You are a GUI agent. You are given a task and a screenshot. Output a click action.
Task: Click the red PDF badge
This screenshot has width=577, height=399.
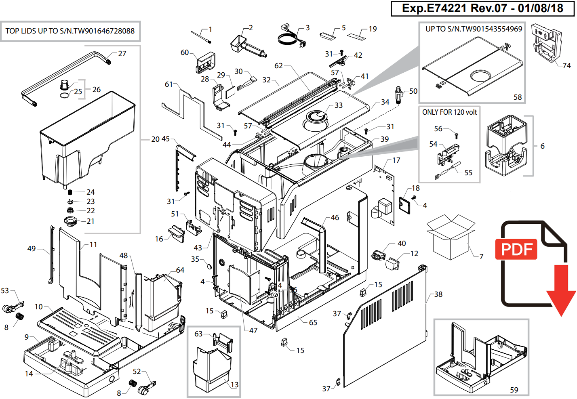pyautogui.click(x=516, y=249)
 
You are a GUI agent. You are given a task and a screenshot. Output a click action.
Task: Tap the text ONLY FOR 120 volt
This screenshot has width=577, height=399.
pyautogui.click(x=449, y=112)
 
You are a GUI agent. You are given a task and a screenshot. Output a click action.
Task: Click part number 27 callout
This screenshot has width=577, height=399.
pyautogui.click(x=122, y=54)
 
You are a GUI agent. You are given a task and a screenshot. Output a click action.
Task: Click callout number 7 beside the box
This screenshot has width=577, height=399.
pyautogui.click(x=481, y=256)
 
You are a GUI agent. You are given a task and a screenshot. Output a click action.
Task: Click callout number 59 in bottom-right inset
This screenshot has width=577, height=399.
pyautogui.click(x=514, y=390)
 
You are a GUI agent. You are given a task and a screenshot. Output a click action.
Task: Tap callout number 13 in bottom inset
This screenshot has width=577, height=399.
pyautogui.click(x=234, y=385)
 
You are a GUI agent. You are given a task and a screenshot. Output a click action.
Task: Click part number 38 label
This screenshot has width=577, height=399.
pyautogui.click(x=438, y=294)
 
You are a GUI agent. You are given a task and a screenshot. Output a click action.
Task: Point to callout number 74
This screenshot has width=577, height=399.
pyautogui.click(x=566, y=65)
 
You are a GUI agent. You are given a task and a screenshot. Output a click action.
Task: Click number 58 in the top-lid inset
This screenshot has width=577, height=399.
pyautogui.click(x=518, y=97)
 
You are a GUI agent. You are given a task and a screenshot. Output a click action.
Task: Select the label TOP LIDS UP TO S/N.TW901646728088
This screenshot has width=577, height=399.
pyautogui.click(x=70, y=31)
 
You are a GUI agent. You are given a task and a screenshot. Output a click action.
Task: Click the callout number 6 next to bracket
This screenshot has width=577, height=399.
pyautogui.click(x=542, y=146)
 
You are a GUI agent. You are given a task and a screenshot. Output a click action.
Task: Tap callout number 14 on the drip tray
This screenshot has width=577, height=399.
pyautogui.click(x=29, y=374)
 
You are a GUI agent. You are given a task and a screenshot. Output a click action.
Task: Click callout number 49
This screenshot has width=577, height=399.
pyautogui.click(x=32, y=249)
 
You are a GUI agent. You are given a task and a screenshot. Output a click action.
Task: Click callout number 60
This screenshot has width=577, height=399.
pyautogui.click(x=185, y=52)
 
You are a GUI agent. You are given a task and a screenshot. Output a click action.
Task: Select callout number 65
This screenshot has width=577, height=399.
pyautogui.click(x=313, y=323)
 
